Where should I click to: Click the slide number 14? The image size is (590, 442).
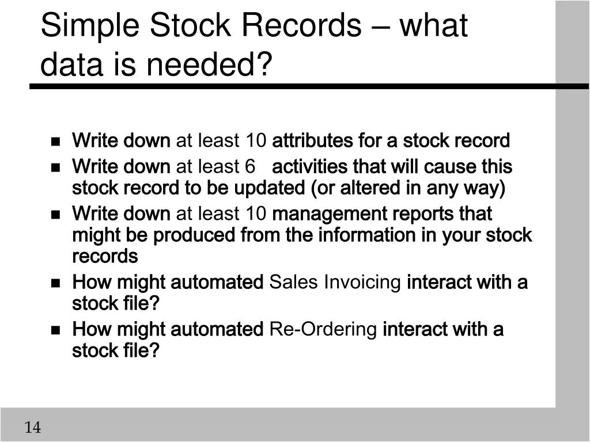click(33, 428)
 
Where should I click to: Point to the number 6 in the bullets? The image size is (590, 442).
click(249, 167)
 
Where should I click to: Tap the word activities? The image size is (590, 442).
click(309, 167)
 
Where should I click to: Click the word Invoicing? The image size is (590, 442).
click(362, 283)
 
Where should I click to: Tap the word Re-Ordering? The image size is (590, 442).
click(331, 330)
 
